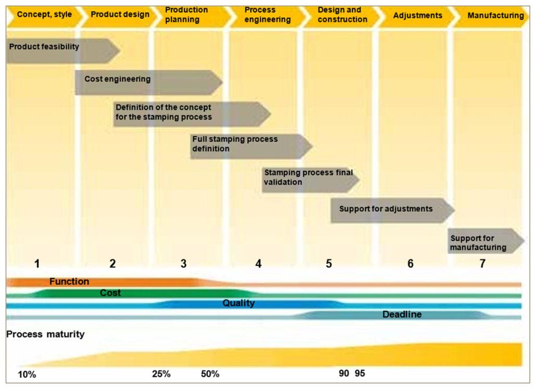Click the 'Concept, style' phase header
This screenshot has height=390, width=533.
pyautogui.click(x=44, y=15)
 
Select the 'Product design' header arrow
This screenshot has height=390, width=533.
pyautogui.click(x=120, y=15)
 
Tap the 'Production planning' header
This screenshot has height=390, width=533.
pyautogui.click(x=186, y=15)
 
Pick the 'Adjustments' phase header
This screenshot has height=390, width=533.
pyautogui.click(x=417, y=15)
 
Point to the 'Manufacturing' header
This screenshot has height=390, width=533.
pyautogui.click(x=495, y=15)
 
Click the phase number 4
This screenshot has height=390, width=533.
pyautogui.click(x=259, y=264)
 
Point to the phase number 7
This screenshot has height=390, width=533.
pyautogui.click(x=483, y=264)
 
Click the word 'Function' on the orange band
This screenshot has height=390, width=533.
pyautogui.click(x=69, y=282)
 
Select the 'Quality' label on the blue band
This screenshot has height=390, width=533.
pyautogui.click(x=238, y=303)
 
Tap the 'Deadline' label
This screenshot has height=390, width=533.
pyautogui.click(x=402, y=315)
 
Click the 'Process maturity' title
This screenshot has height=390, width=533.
pyautogui.click(x=45, y=334)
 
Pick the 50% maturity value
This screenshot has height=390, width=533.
pyautogui.click(x=210, y=374)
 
